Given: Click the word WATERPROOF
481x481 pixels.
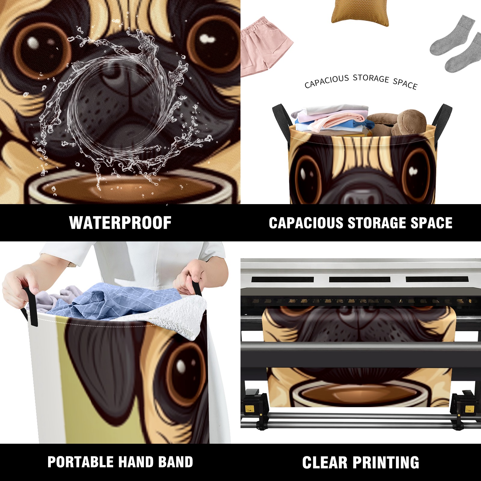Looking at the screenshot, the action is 120,223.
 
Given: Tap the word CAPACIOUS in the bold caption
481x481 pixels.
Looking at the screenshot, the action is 306,223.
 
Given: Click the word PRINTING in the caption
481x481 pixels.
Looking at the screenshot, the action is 386,462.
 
